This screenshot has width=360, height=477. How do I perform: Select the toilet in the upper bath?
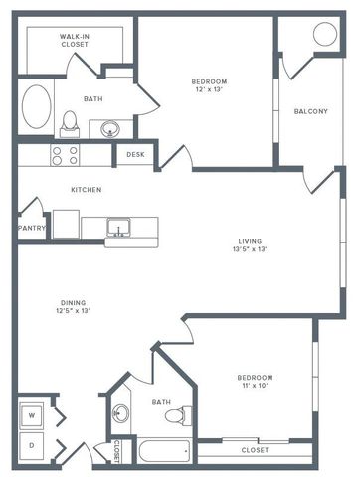[x=70, y=123]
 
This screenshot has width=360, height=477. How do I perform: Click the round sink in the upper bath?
[x=110, y=128]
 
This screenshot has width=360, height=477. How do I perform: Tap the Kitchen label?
[x=86, y=189]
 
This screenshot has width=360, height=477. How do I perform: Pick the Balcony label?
[x=310, y=111]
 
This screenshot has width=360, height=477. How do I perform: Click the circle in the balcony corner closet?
[x=325, y=33]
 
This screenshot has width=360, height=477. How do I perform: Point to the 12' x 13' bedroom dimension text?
[x=210, y=89]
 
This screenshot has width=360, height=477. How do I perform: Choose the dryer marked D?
[x=31, y=445]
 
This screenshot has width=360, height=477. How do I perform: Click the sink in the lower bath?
[x=120, y=414]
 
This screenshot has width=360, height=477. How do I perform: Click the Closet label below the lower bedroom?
[x=255, y=450]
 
